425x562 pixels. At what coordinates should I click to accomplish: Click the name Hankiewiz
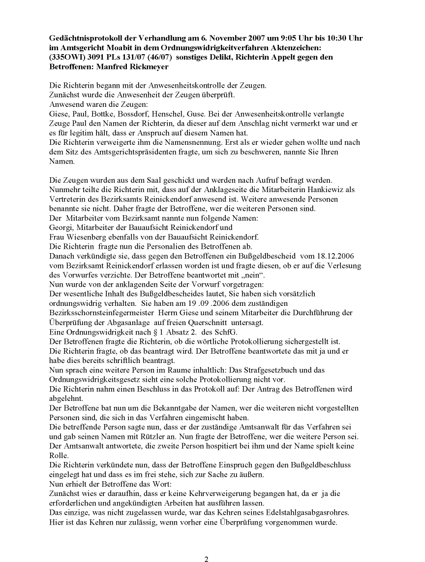pyautogui.click(x=332, y=190)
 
